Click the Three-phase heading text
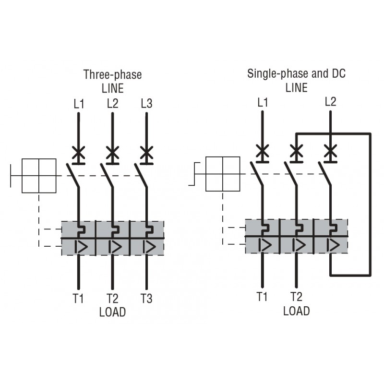click(112, 75)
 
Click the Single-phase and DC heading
click(296, 73)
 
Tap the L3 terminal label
click(146, 103)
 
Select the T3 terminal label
click(146, 298)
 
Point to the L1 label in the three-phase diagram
click(79, 104)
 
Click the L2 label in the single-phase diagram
click(330, 101)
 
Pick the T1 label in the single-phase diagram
click(262, 296)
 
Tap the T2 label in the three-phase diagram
click(112, 298)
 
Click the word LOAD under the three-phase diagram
click(112, 312)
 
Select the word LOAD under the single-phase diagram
click(296, 311)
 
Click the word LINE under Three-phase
click(112, 88)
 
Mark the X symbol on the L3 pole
click(146, 152)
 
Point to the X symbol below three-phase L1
click(79, 152)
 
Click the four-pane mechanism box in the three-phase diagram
click(39, 176)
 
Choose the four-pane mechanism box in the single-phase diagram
click(223, 174)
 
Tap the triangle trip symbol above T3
click(149, 247)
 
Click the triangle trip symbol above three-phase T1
click(81, 247)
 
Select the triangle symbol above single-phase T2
click(299, 245)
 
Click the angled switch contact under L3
click(141, 176)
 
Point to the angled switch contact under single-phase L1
click(256, 174)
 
